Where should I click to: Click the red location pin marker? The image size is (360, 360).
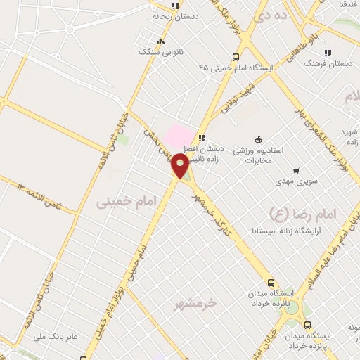181,165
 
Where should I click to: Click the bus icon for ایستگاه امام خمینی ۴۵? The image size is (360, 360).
236,58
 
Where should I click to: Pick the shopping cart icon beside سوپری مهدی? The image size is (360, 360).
295,169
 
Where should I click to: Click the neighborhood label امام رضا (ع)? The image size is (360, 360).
303,212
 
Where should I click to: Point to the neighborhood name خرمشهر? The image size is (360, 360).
195,304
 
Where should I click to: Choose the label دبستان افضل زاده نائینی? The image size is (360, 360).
202,154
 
